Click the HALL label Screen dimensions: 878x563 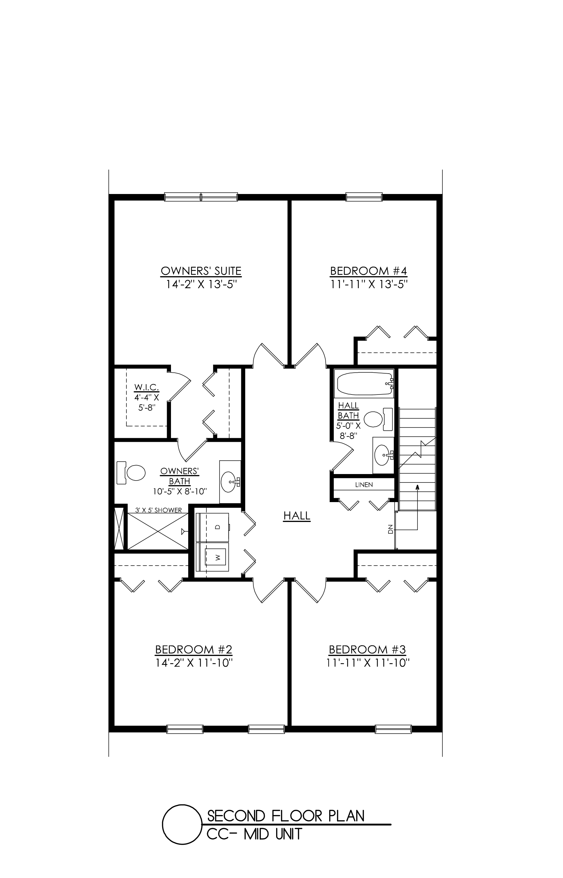(x=297, y=516)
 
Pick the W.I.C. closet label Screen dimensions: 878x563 (x=147, y=387)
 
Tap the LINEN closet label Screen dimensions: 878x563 (x=364, y=485)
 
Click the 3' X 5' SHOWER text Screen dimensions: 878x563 (x=158, y=510)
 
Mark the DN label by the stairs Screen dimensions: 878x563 (x=390, y=529)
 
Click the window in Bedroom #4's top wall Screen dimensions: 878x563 (x=364, y=197)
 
